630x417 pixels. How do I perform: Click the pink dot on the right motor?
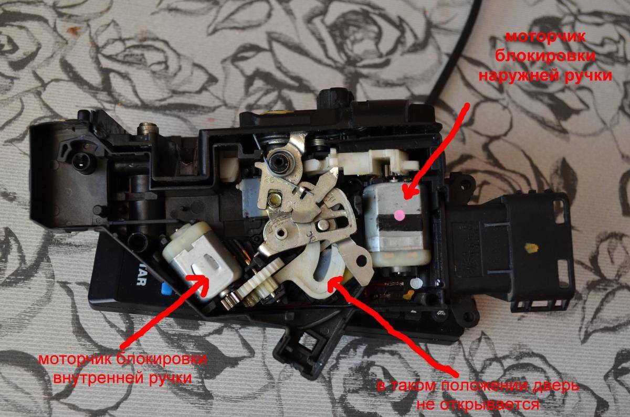(x=400, y=216)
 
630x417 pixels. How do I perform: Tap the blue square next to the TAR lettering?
(x=166, y=289)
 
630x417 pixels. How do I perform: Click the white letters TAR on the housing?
(x=141, y=277)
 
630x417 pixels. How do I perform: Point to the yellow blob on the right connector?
(x=531, y=248)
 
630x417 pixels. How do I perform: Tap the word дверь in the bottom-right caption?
(x=552, y=386)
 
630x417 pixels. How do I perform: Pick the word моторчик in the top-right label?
(x=545, y=37)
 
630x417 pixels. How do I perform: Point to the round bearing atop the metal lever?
(x=281, y=161)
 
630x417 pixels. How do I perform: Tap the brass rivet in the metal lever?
(x=274, y=199)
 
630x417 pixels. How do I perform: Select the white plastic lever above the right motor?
(x=363, y=163)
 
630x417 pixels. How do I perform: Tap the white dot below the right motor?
(x=416, y=283)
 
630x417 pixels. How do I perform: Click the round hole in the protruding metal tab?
(x=361, y=261)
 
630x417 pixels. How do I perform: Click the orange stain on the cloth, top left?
(x=73, y=30)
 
